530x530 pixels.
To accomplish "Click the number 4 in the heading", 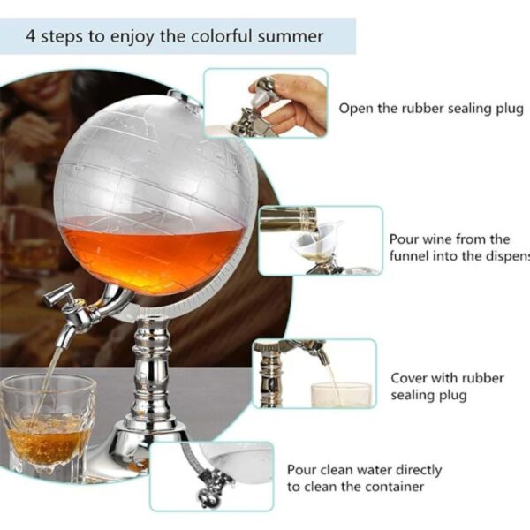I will (x=31, y=37).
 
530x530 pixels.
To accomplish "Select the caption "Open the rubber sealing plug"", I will (x=431, y=108).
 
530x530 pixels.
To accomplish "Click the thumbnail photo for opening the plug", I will (x=265, y=103).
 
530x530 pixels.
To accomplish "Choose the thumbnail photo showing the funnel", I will (x=320, y=240).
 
